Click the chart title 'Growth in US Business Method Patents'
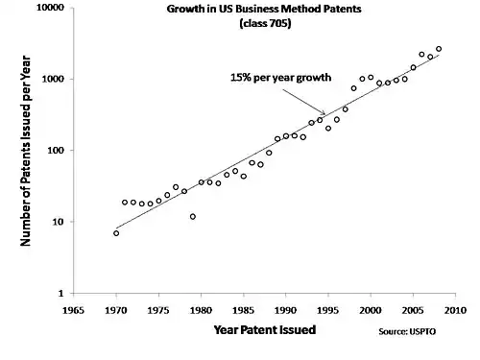click(264, 9)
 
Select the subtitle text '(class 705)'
click(265, 23)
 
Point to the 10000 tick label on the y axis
click(50, 7)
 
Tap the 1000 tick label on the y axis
click(53, 79)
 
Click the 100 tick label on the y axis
click(56, 150)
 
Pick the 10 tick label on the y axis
click(59, 222)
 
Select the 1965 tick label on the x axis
click(73, 310)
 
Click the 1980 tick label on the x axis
click(201, 310)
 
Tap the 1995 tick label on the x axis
click(328, 310)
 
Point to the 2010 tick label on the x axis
click(455, 310)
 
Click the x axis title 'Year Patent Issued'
click(265, 329)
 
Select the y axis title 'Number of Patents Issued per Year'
click(25, 151)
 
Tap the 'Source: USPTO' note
click(407, 331)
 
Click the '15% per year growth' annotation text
click(280, 78)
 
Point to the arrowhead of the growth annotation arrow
click(324, 113)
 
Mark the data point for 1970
click(116, 233)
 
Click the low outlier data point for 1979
click(193, 217)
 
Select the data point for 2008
click(439, 49)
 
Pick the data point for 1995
click(328, 129)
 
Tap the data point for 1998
click(353, 88)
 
